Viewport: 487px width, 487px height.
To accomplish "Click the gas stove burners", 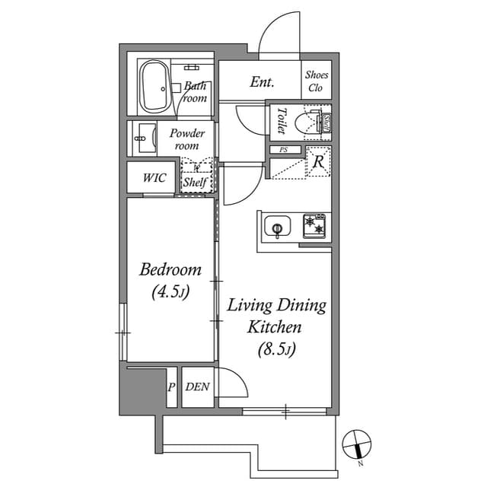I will click(x=315, y=224).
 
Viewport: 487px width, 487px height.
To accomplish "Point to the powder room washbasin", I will click(x=142, y=139).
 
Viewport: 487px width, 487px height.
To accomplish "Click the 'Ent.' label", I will click(x=262, y=82).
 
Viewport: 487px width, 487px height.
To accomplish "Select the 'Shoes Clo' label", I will click(x=316, y=81).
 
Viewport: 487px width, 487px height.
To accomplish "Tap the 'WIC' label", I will click(x=154, y=179).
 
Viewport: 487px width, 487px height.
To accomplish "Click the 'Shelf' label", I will click(x=195, y=183).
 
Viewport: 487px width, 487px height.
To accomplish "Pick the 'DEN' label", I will click(x=197, y=387).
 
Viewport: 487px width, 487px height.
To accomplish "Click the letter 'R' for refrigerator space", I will click(x=318, y=162).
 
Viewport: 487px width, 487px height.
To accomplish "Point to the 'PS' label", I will click(x=284, y=150).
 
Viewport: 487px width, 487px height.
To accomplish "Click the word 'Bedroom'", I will click(x=170, y=269).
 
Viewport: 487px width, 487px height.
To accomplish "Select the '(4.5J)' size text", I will click(x=170, y=291).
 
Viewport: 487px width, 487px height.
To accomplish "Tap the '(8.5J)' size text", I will click(x=275, y=350).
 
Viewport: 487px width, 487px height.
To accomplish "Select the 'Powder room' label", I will click(x=186, y=139).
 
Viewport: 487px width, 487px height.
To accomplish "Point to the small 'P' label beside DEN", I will click(x=171, y=387).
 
